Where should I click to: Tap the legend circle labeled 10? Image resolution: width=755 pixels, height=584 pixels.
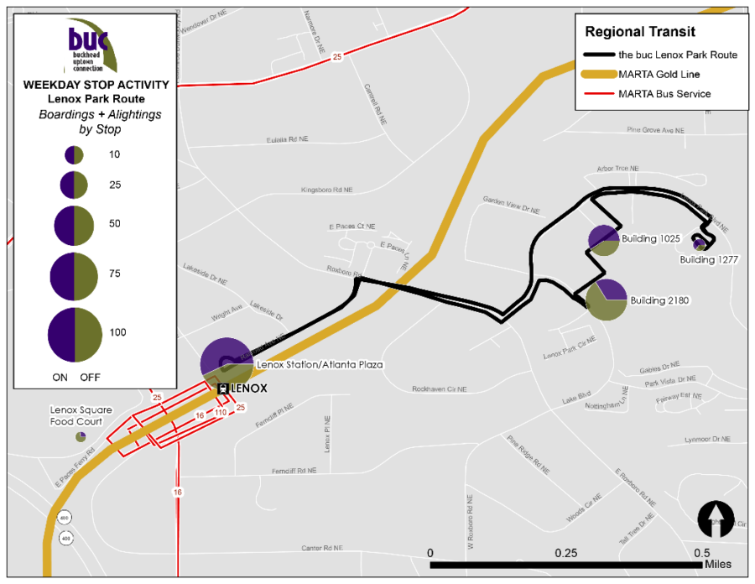click(x=74, y=155)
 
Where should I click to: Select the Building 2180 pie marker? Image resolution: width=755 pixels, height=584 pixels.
click(x=606, y=300)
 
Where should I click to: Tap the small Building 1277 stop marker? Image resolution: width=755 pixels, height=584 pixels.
click(x=699, y=244)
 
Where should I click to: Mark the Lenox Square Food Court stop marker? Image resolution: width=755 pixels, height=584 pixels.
click(x=81, y=436)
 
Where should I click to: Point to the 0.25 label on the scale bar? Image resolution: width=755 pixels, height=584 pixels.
click(x=566, y=553)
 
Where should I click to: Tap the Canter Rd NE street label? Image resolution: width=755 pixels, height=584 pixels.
click(x=323, y=548)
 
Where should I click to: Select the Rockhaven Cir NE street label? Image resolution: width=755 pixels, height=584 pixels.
click(x=440, y=389)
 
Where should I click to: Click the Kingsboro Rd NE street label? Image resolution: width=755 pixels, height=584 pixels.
click(x=326, y=190)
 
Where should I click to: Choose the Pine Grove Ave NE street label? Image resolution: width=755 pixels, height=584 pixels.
click(x=656, y=131)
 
